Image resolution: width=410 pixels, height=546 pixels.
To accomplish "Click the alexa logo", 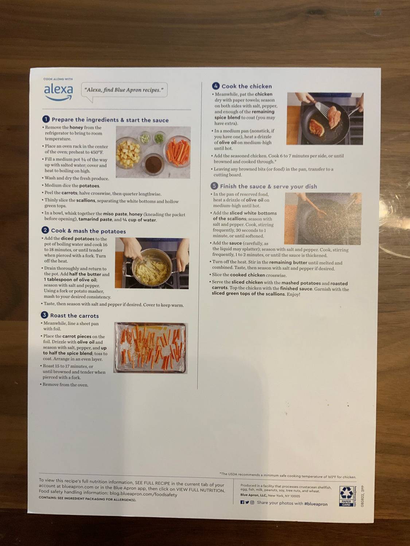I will pos(58,91).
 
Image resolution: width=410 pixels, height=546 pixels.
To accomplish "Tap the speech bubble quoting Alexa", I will pos(124,90).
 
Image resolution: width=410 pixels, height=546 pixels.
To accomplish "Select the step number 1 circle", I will pos(46,119).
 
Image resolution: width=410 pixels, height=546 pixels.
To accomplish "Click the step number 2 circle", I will pos(45,230).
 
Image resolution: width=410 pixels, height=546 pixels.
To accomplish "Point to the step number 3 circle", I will pos(44,315).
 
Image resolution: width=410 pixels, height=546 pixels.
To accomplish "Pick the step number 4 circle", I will pos(216,86).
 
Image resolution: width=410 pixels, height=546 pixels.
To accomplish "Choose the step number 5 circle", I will pos(214,186).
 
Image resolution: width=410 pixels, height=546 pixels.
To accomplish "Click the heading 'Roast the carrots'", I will pos(74,316).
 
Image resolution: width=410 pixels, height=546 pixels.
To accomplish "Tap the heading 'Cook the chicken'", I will pos(246,86).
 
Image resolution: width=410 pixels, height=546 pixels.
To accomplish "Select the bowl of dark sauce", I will pos(153,165).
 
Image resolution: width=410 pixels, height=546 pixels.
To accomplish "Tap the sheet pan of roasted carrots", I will pos(151,348).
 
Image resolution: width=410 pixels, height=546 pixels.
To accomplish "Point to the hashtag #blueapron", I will pos(316,504).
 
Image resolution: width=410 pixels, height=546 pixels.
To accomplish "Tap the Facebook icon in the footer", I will pos(242,502).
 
